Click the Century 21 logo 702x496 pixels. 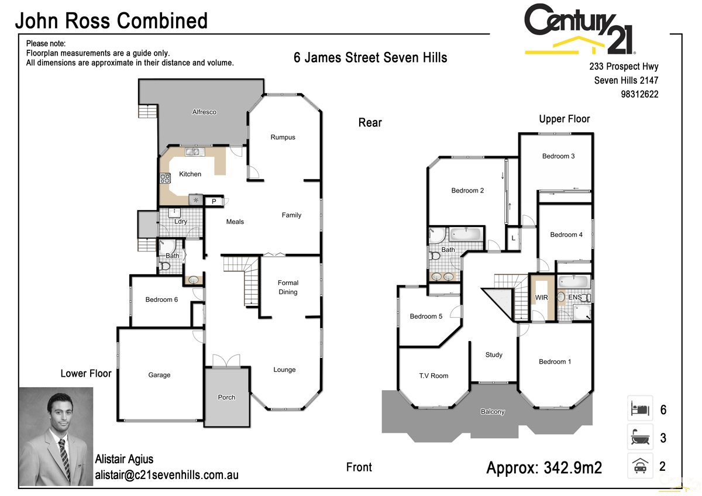579,29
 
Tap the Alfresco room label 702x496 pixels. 204,112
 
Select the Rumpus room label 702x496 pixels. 283,137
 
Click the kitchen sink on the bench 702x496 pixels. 193,153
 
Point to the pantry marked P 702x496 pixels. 214,202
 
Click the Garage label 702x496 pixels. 159,375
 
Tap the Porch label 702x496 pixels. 226,397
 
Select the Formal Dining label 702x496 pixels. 288,287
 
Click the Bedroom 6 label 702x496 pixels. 162,299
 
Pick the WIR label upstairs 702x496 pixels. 541,298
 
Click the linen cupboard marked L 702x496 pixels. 513,238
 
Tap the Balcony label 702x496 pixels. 493,412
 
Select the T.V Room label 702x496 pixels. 433,376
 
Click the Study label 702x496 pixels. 494,354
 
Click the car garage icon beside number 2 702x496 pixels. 639,466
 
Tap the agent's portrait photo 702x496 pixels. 56,436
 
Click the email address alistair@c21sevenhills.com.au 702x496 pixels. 167,476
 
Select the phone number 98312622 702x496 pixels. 639,94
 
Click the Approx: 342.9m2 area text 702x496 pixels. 544,468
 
